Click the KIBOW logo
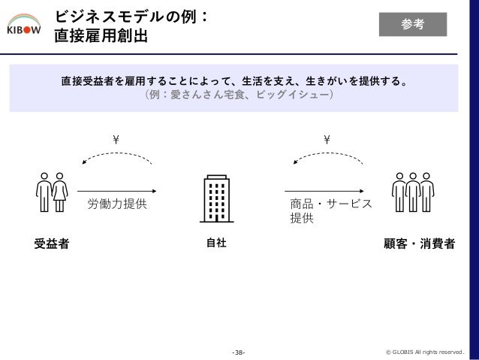coord(24,24)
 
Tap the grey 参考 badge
coord(413,25)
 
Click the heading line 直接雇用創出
coord(101,36)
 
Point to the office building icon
coord(216,198)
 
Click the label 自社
coord(216,243)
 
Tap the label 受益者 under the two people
coord(52,244)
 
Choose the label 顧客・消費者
coord(420,244)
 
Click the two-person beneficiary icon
coord(52,192)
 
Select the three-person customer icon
coord(413,192)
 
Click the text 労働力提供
coord(117,204)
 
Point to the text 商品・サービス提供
coord(331,210)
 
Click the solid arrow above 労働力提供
coord(116,191)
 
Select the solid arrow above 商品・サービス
coord(324,191)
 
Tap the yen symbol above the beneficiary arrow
coord(116,140)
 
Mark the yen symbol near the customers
coord(327,140)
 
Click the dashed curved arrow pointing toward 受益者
coord(118,153)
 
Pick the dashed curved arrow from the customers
coord(328,153)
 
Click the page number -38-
coord(239,352)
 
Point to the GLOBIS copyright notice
coord(425,352)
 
